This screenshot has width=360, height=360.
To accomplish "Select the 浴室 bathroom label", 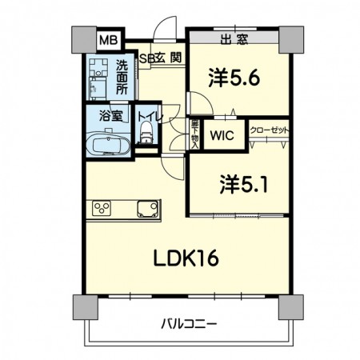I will (x=110, y=114).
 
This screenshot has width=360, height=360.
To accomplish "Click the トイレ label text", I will (x=150, y=117).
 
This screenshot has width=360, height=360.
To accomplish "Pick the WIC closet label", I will (x=222, y=135).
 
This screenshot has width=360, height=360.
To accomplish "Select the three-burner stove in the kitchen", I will (x=102, y=210).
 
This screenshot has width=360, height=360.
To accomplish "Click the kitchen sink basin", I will (x=145, y=210).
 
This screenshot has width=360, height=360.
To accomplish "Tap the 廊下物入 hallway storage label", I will (x=194, y=134).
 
